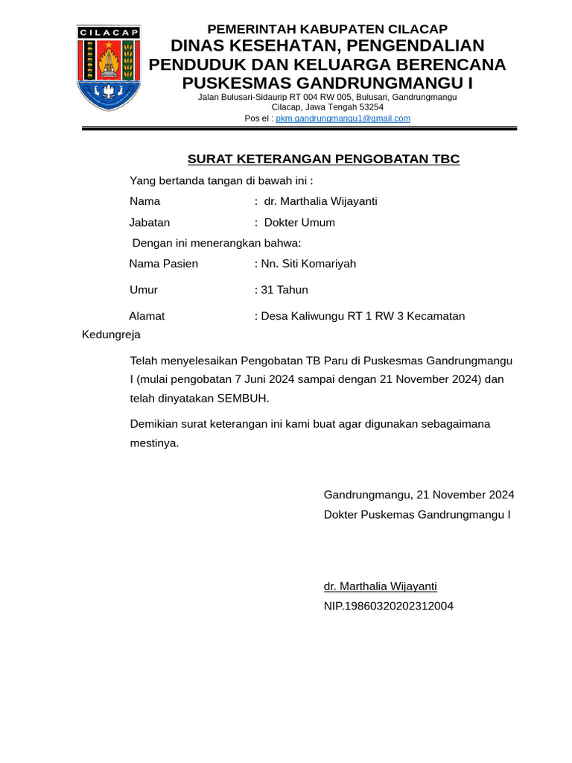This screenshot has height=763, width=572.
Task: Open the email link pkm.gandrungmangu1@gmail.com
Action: (x=343, y=118)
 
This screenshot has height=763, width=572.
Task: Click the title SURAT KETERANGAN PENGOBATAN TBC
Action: (x=323, y=159)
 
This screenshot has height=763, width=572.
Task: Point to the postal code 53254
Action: (x=369, y=107)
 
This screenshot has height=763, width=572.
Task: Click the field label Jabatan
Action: (x=150, y=223)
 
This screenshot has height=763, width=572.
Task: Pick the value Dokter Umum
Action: (x=299, y=223)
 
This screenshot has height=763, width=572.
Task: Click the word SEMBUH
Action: (x=242, y=398)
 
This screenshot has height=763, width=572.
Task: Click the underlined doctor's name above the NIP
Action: (x=380, y=586)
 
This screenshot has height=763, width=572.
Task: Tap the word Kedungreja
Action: (x=111, y=335)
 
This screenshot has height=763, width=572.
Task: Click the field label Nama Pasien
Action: (x=164, y=264)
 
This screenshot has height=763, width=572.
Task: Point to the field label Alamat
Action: (x=147, y=316)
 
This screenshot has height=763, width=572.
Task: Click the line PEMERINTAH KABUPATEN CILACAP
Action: (x=327, y=29)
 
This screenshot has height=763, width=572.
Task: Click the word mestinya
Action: (x=154, y=443)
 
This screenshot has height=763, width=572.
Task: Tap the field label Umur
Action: (x=144, y=290)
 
